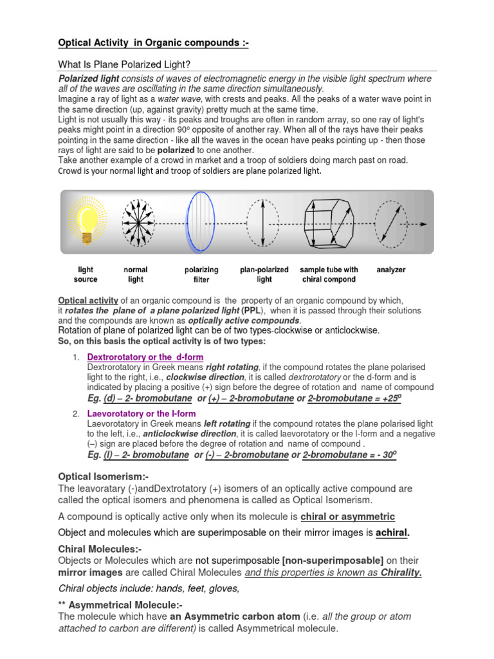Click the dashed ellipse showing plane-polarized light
click(264, 223)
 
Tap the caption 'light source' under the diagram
click(86, 275)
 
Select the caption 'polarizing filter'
click(201, 275)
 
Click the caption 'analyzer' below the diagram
click(391, 270)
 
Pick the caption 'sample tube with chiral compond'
click(329, 275)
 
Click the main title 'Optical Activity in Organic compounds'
click(152, 43)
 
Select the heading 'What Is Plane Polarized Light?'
click(125, 64)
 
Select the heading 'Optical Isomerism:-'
click(104, 476)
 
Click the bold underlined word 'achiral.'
click(392, 533)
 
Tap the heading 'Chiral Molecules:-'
click(100, 548)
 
